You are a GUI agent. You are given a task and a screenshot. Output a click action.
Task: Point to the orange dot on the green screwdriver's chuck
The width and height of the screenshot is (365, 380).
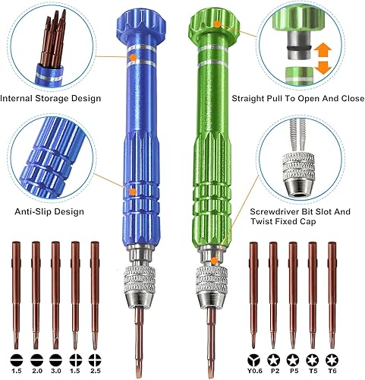point(215,260)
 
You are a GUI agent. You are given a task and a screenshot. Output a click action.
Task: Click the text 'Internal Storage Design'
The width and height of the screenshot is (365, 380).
point(52,98)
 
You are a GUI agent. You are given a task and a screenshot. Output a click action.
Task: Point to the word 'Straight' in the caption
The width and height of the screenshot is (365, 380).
point(271,98)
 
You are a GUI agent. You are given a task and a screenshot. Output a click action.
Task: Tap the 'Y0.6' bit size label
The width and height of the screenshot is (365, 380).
point(253,371)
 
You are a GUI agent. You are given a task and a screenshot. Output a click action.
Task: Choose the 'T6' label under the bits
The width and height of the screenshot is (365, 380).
point(331,371)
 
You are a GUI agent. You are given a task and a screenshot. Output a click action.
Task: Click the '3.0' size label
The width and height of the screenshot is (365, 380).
point(55,371)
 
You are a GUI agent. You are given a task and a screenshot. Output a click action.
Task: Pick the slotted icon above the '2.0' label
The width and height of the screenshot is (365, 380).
point(35,357)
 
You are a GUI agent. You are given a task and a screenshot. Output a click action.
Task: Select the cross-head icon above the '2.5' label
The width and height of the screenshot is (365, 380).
point(95,357)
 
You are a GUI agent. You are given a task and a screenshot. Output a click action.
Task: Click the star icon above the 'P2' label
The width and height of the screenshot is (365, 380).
point(272,357)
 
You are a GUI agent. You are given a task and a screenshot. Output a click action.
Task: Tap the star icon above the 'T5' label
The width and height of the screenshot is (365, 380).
point(311,357)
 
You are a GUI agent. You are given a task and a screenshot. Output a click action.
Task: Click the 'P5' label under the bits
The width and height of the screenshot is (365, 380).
point(292,371)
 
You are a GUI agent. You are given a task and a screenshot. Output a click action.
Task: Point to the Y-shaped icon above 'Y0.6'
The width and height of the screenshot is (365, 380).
point(253,357)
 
